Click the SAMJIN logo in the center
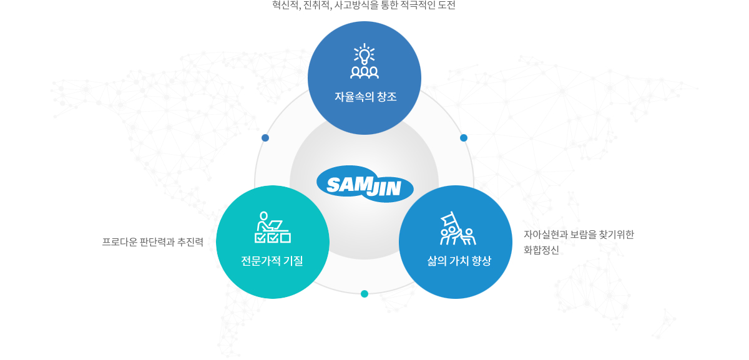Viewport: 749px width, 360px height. click(365, 184)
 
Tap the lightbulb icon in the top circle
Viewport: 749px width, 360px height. click(365, 54)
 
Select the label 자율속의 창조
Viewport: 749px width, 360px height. click(366, 97)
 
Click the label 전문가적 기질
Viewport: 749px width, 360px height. click(272, 261)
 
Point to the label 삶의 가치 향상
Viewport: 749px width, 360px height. click(459, 261)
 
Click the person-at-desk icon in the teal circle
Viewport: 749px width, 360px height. click(273, 227)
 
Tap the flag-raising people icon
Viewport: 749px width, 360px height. click(458, 228)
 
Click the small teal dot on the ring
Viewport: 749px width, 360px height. click(365, 294)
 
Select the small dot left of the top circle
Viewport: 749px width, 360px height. click(265, 138)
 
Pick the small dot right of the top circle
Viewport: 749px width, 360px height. click(464, 138)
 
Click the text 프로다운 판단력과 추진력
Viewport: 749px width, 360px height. click(152, 242)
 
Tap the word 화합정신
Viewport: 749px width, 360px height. click(541, 250)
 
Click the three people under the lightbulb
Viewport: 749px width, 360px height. click(365, 72)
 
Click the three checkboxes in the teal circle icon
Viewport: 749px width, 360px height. click(273, 238)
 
